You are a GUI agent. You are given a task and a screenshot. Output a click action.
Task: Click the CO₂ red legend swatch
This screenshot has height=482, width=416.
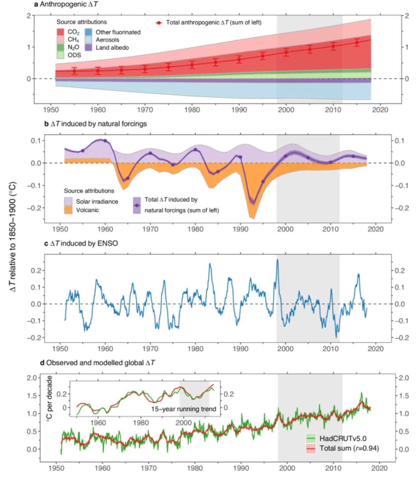click(x=60, y=32)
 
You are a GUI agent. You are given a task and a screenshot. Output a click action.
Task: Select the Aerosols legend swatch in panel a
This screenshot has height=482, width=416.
click(x=88, y=40)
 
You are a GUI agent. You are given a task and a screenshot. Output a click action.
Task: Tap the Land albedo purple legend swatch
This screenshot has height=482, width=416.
click(x=88, y=47)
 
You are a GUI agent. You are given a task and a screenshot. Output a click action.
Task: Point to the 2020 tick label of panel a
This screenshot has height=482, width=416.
click(x=380, y=110)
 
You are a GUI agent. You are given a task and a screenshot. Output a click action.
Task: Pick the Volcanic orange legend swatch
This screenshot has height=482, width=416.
click(x=68, y=210)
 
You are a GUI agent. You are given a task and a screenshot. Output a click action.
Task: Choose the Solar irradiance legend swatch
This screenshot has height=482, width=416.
click(x=68, y=201)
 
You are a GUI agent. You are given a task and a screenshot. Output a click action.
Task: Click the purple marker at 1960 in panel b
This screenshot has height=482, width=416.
click(x=105, y=141)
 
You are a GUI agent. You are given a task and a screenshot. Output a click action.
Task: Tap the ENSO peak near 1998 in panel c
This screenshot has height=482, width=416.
click(x=277, y=260)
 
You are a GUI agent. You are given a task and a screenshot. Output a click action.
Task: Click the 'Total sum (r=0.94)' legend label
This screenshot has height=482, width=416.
click(x=349, y=448)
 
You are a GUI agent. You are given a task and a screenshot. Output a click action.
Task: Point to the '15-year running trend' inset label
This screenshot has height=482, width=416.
click(x=184, y=409)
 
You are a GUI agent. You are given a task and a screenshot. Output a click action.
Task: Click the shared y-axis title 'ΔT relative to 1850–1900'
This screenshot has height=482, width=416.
click(x=12, y=237)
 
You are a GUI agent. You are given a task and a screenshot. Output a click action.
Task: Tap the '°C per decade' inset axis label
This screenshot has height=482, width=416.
click(x=49, y=399)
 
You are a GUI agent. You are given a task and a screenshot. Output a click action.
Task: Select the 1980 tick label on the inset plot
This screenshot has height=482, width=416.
click(x=141, y=422)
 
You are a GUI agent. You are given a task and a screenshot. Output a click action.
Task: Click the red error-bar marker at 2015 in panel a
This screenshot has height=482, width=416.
click(x=357, y=42)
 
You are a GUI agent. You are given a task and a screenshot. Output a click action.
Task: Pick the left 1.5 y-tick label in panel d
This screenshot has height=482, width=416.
click(x=31, y=396)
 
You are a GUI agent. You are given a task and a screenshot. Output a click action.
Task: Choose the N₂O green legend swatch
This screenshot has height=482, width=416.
click(x=60, y=47)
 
